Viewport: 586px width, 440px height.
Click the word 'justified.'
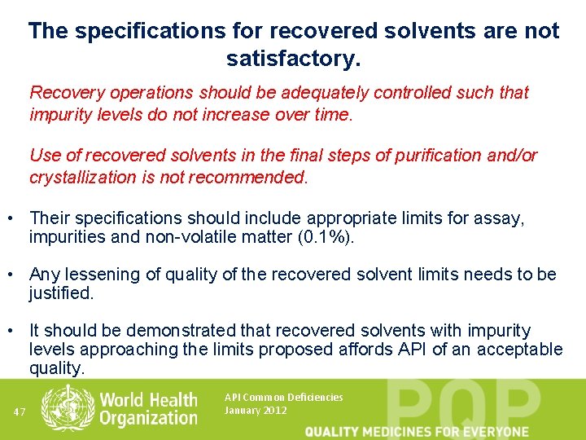click(x=62, y=293)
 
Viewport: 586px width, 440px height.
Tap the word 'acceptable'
click(x=524, y=350)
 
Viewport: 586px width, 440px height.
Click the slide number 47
click(x=20, y=411)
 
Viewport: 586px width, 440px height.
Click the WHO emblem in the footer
click(x=68, y=408)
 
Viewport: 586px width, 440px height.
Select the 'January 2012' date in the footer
click(x=256, y=411)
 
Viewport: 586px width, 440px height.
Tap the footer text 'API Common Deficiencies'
click(x=283, y=398)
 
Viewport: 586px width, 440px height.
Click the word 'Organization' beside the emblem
click(x=149, y=419)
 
